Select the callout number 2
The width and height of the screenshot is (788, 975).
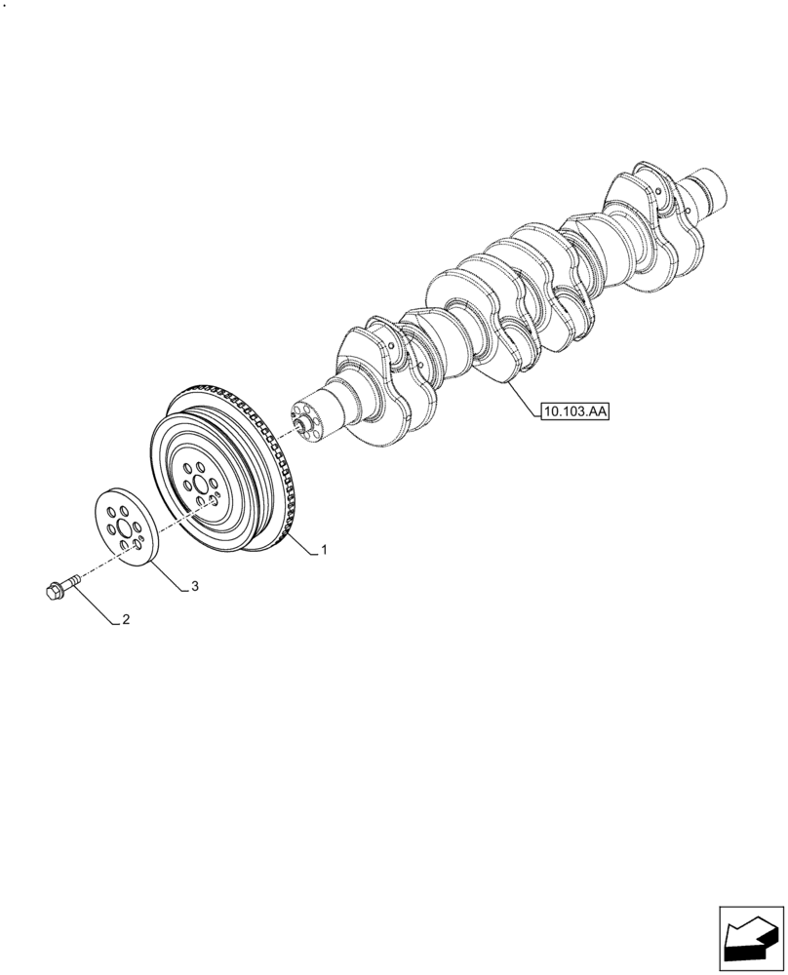click(126, 619)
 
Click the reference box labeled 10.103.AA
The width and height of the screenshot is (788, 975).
click(573, 412)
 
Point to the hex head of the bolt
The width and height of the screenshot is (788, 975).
click(53, 590)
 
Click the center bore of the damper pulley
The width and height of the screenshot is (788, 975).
click(200, 485)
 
